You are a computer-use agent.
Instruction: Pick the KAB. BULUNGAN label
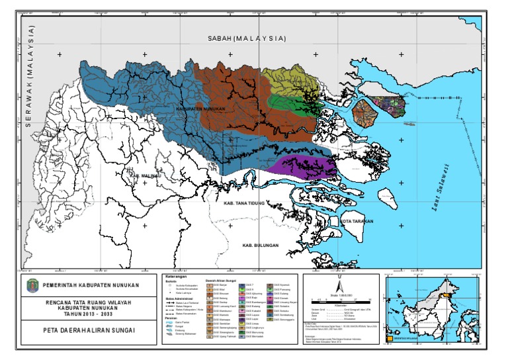click(x=260, y=246)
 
